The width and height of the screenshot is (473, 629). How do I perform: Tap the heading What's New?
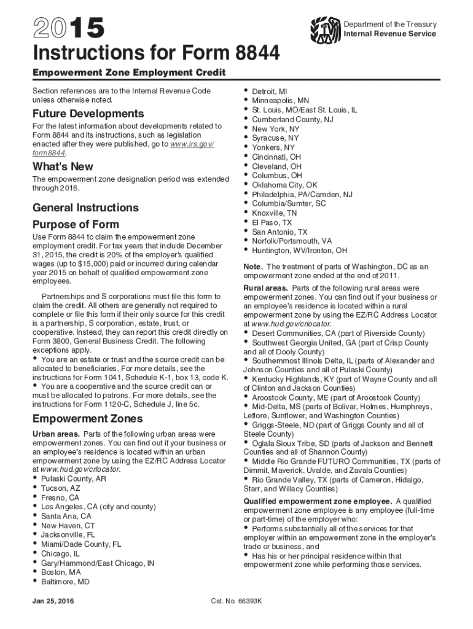(63, 166)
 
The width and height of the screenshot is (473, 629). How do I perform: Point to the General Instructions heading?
(85, 208)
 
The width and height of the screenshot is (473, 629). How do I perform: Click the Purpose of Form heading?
(76, 224)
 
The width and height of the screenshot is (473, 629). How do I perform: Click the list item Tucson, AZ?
(60, 488)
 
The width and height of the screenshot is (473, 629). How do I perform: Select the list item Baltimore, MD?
(65, 580)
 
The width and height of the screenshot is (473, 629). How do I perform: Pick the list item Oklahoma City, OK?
(284, 184)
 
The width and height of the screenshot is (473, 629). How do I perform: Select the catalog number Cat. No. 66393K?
(237, 600)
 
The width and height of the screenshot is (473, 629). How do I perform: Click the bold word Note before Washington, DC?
(253, 267)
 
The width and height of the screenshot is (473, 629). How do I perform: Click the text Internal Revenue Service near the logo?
(390, 34)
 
